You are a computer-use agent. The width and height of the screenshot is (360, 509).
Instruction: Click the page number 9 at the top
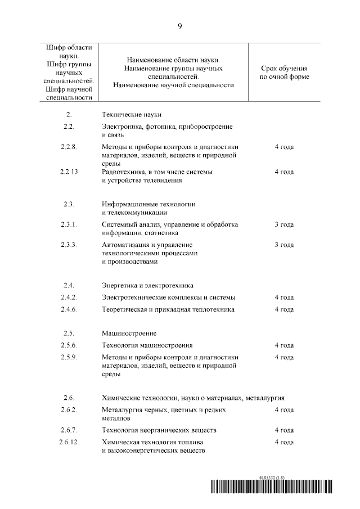click(179, 26)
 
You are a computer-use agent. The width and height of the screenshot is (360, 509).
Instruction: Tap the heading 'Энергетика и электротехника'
click(148, 285)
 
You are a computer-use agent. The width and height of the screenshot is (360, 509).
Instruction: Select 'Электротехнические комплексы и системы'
click(168, 297)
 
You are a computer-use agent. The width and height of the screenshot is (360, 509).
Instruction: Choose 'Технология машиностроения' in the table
click(147, 345)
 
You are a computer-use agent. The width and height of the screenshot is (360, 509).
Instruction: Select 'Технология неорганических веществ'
click(159, 430)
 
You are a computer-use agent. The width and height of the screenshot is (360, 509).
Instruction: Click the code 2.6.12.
click(69, 443)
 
